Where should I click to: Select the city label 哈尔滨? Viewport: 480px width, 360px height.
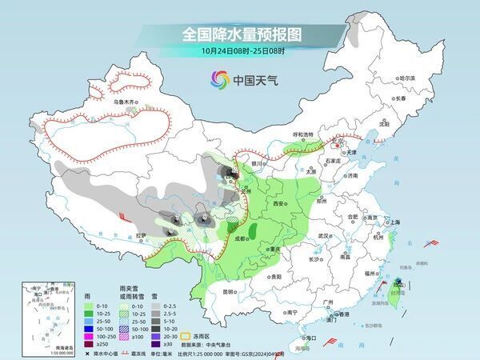(406, 78)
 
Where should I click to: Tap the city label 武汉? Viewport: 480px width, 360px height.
(323, 237)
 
